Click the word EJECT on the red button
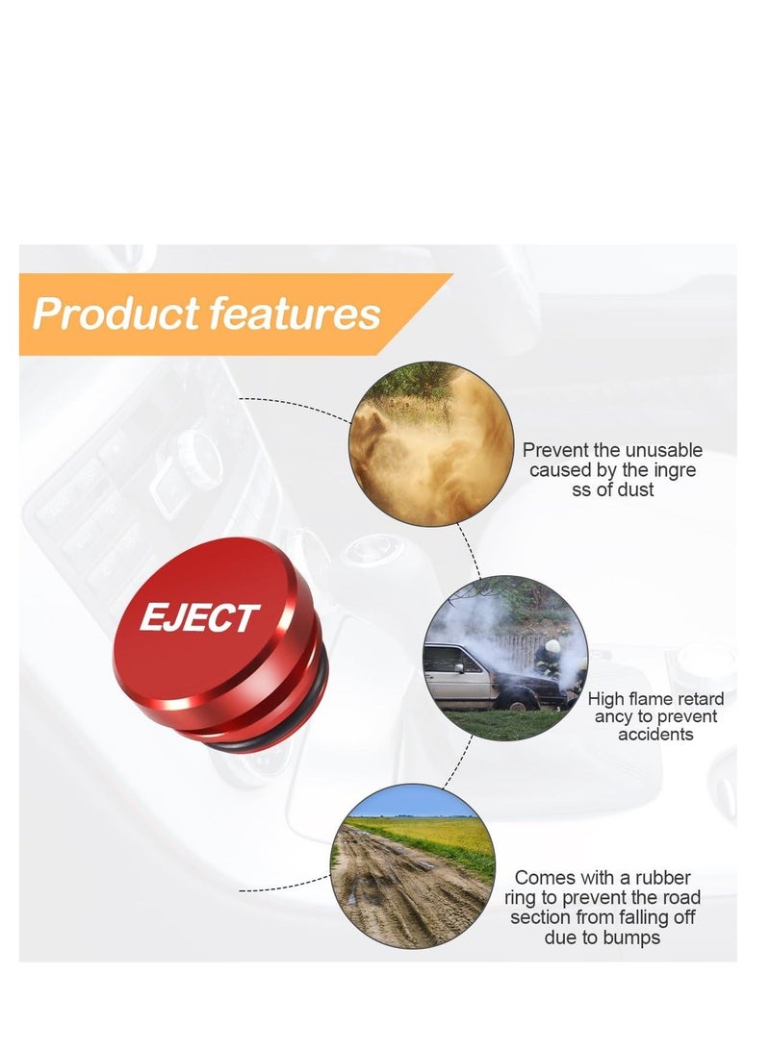(199, 617)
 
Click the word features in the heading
(295, 314)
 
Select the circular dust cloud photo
(431, 444)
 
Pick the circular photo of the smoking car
(504, 658)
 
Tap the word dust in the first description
(632, 489)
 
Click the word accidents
(655, 735)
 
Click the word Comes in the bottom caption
(546, 878)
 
